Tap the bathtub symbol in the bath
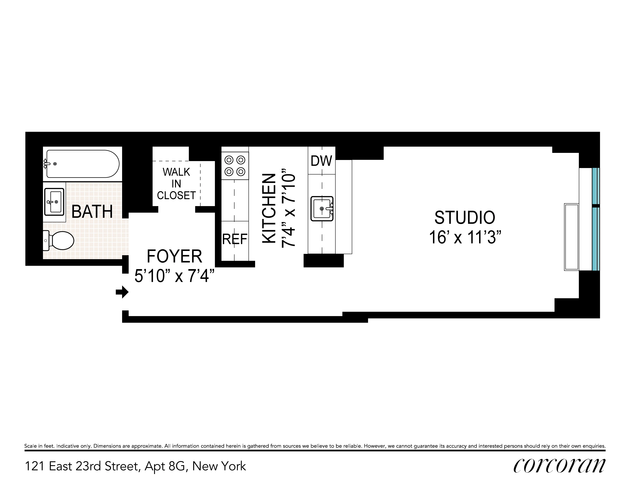82,164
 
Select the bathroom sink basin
54,202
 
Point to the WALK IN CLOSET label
176,184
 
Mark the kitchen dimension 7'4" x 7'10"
288,208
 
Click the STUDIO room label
465,218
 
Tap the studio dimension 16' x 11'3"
465,238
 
